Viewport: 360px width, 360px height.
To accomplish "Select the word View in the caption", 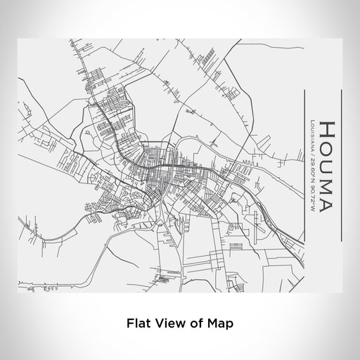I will [169, 323].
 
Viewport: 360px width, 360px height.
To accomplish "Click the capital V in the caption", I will [158, 323].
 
